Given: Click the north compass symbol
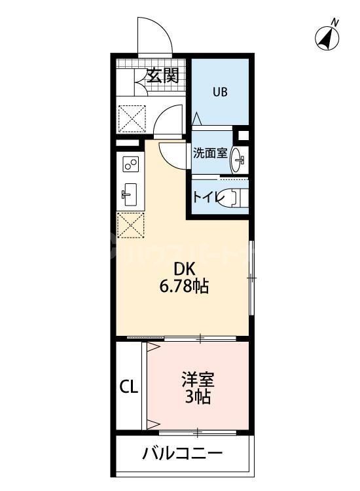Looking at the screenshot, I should [x=328, y=37].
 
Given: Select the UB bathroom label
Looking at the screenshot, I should [x=219, y=91].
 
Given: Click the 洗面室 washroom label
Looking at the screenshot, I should [x=209, y=153].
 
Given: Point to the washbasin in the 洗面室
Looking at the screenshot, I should [x=239, y=158].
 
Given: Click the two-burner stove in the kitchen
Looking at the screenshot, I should [x=129, y=164].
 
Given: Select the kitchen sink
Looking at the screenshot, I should [x=129, y=192].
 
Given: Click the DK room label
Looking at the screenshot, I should [x=184, y=268].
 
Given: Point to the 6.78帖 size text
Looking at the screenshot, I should [x=184, y=286].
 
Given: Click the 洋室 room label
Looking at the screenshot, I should [x=198, y=379].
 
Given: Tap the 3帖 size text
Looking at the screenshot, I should [x=198, y=397].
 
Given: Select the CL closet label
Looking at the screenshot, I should [x=128, y=387].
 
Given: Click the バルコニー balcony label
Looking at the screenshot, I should [x=183, y=453].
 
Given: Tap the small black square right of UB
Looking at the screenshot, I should [x=244, y=136].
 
